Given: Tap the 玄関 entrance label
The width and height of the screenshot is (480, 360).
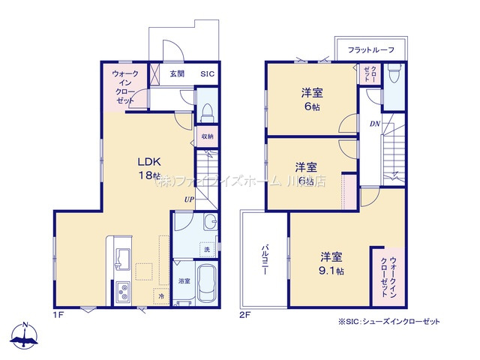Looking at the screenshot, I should (177, 74).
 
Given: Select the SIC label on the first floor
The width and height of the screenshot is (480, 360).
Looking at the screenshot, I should (208, 74).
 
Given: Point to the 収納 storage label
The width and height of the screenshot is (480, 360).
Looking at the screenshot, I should (207, 136).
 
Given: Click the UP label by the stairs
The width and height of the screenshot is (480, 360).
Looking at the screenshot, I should (190, 199).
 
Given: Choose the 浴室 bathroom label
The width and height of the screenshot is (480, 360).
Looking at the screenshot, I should (184, 280).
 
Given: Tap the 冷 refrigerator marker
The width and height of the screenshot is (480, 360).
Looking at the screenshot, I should (161, 296).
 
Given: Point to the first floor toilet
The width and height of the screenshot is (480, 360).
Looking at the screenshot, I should (208, 111).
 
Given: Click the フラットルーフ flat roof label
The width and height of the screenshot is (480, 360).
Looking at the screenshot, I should (371, 49).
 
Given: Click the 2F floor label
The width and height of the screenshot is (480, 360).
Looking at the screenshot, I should (245, 315).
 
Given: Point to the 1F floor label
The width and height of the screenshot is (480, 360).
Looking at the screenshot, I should (58, 315).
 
